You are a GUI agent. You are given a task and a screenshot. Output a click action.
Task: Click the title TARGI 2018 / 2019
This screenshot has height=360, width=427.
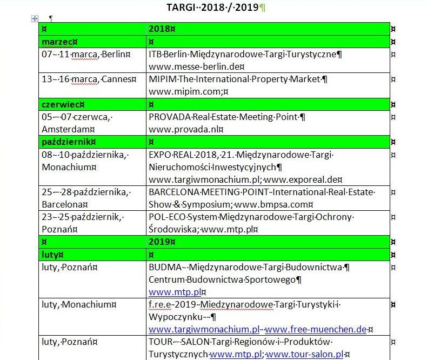tap(213, 8)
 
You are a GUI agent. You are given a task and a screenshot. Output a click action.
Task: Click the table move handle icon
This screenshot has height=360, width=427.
tap(35, 19)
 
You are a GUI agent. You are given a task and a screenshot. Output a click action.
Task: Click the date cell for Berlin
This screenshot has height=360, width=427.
tap(86, 54)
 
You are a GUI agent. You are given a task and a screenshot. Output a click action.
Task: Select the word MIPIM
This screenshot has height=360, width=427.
tap(161, 79)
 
